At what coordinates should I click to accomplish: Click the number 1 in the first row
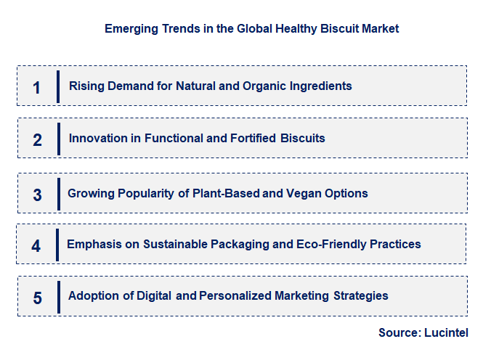tap(37, 88)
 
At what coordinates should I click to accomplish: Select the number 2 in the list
tap(37, 139)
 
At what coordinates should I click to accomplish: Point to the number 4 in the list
tap(36, 245)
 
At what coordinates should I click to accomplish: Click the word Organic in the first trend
tap(263, 86)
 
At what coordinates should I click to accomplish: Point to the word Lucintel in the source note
tap(445, 333)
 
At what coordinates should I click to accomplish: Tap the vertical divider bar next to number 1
tap(57, 87)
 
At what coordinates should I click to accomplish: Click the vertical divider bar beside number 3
tap(57, 194)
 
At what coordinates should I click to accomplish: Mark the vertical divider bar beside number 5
tap(57, 297)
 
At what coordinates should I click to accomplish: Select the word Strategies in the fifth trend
tap(361, 296)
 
